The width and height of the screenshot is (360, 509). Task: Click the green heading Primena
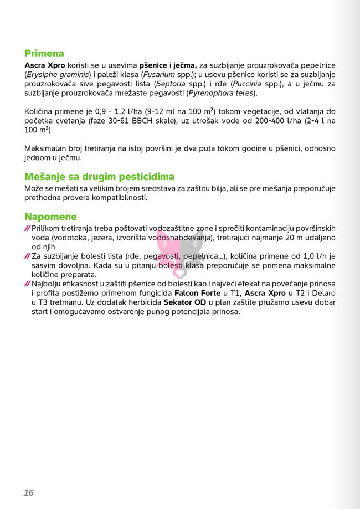[44, 54]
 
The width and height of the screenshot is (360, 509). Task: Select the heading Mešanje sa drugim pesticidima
[99, 177]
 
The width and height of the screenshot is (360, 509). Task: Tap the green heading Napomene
[50, 217]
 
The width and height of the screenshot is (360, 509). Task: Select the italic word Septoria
[170, 84]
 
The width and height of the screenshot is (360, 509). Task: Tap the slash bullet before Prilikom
[28, 229]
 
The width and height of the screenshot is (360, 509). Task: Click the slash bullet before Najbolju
[28, 284]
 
